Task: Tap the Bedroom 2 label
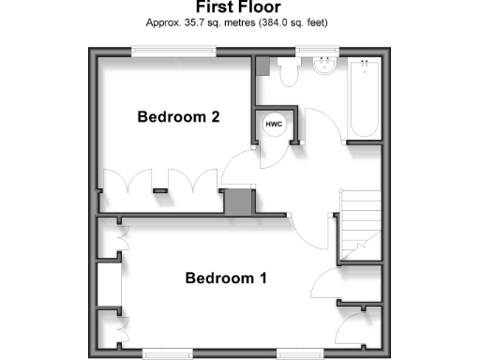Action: [x=178, y=117]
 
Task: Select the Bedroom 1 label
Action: [x=226, y=278]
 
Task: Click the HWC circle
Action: [x=275, y=125]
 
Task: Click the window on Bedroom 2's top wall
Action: [x=173, y=52]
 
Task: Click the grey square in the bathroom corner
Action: [x=262, y=67]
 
